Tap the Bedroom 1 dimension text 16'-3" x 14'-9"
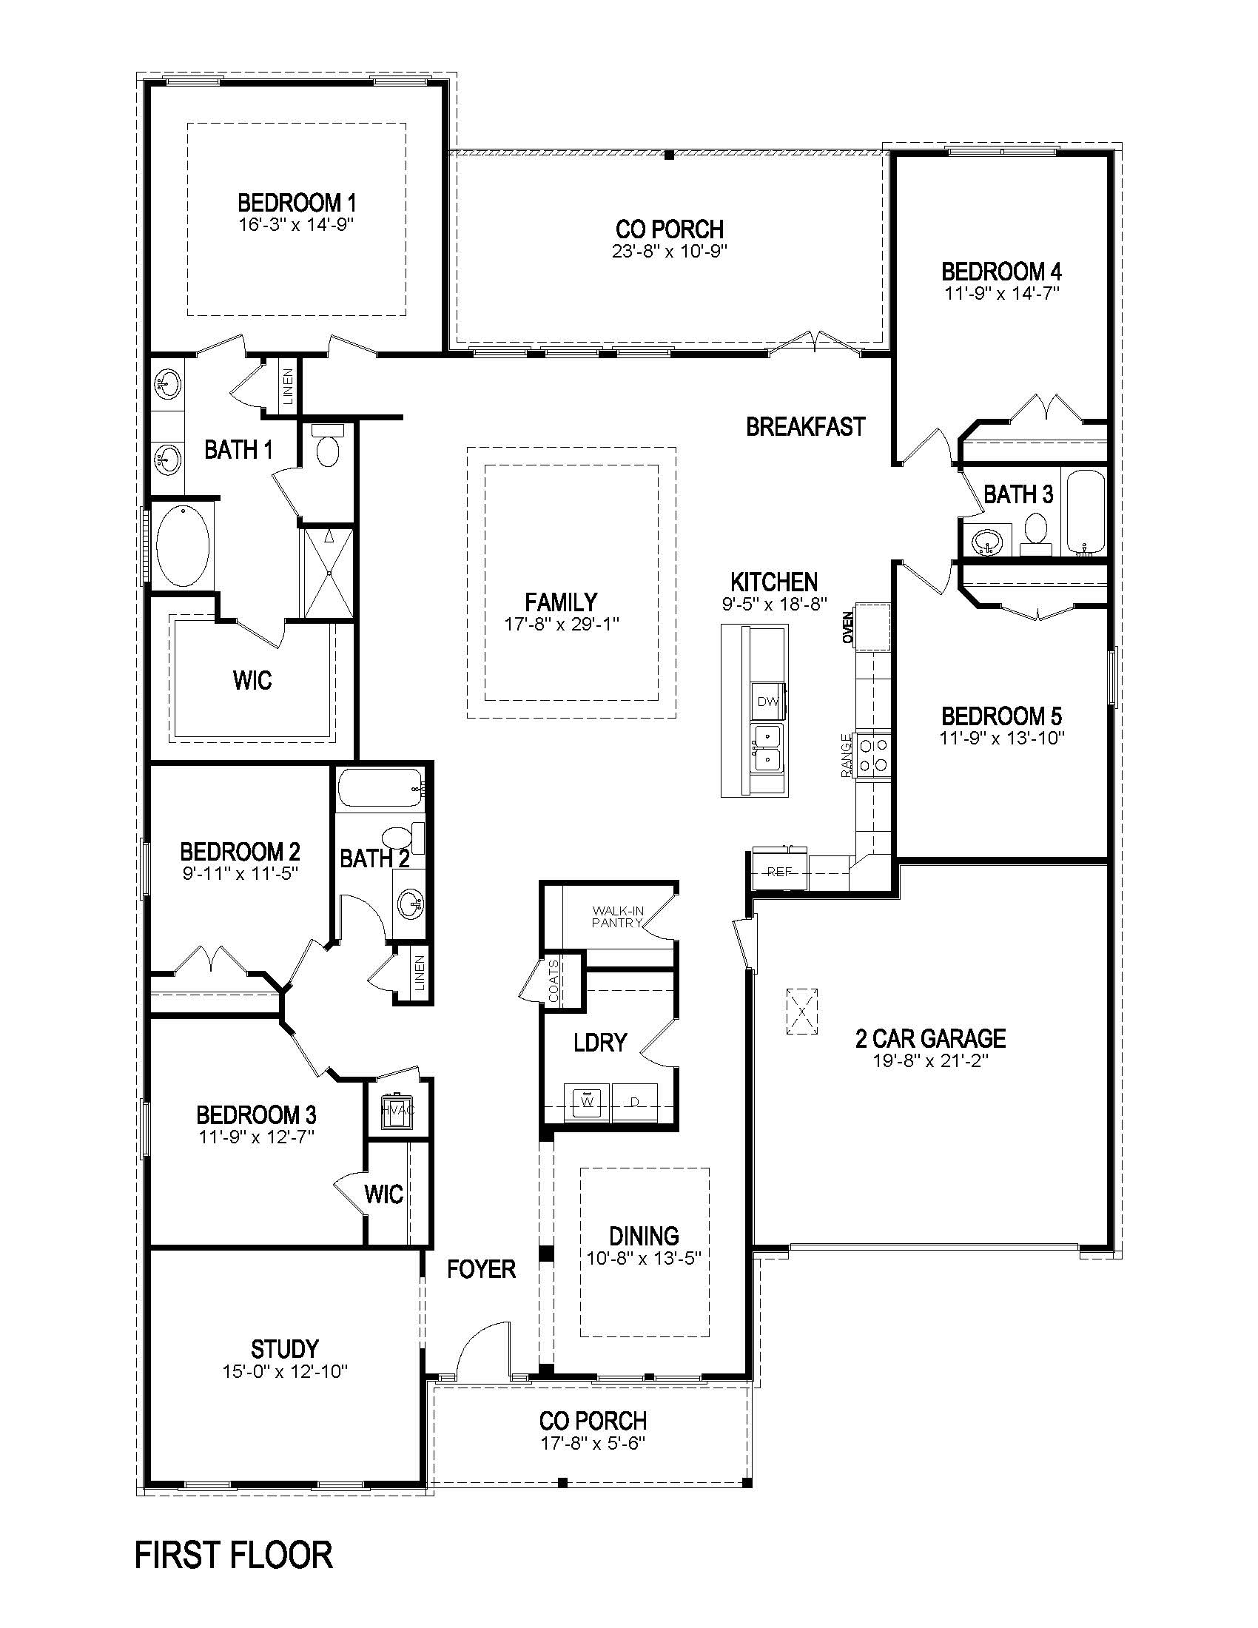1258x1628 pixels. [x=296, y=224]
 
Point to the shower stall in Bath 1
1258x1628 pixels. [x=327, y=573]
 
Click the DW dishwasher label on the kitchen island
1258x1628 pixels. [x=767, y=702]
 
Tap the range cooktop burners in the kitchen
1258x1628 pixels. [x=873, y=754]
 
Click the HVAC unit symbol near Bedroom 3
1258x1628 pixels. [x=397, y=1110]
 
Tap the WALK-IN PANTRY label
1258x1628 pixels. [x=617, y=916]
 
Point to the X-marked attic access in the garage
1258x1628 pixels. [x=802, y=1012]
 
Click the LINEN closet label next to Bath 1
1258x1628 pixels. [x=289, y=386]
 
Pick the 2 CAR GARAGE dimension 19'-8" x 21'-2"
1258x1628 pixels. [x=930, y=1060]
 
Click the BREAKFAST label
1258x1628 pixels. [x=806, y=427]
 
